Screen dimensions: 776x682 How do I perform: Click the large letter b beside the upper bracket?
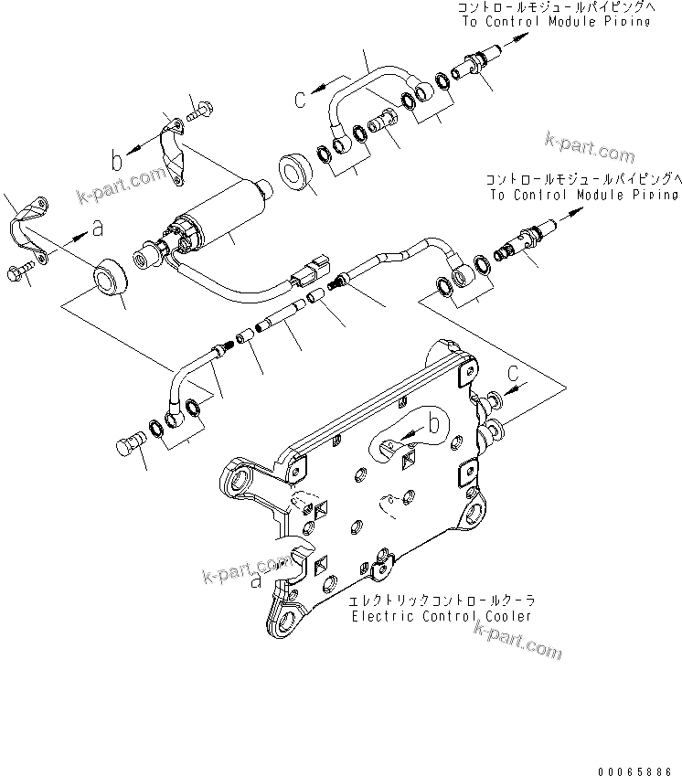[116, 161]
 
